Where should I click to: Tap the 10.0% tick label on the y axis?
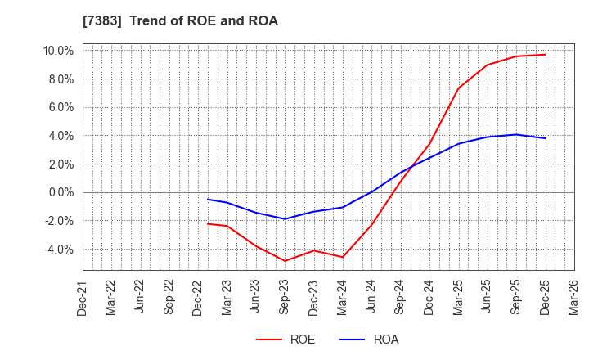pyautogui.click(x=58, y=51)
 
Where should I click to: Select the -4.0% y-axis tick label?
pyautogui.click(x=59, y=250)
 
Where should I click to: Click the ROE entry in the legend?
pyautogui.click(x=286, y=340)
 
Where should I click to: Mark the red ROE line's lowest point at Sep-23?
pyautogui.click(x=285, y=261)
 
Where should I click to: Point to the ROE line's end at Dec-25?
pyautogui.click(x=546, y=55)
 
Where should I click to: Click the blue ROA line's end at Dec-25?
pyautogui.click(x=546, y=138)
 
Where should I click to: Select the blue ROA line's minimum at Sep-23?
pyautogui.click(x=285, y=218)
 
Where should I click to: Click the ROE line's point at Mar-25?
pyautogui.click(x=458, y=88)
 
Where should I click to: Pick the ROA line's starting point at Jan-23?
pyautogui.click(x=208, y=199)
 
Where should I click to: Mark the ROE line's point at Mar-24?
pyautogui.click(x=343, y=257)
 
